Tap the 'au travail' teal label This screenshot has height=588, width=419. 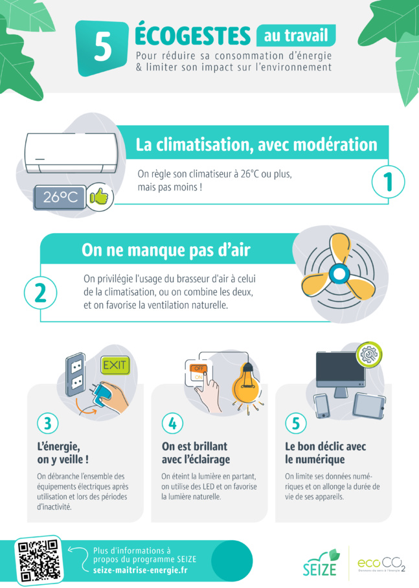point(295,34)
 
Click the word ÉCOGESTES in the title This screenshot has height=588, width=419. point(192,34)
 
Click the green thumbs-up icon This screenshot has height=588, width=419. point(100,196)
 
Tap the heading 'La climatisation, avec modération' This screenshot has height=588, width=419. point(256,145)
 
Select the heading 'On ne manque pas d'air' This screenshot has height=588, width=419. point(166,250)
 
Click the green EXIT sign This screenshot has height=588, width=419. point(115,367)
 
